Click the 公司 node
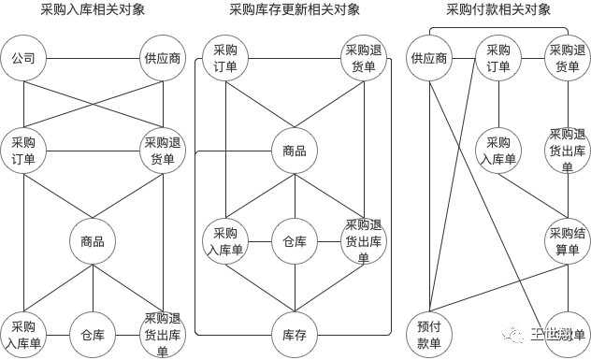click(23, 59)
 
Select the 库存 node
click(295, 335)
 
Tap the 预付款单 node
click(428, 335)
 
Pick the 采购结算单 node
click(567, 241)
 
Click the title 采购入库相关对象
click(93, 10)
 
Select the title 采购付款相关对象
click(498, 10)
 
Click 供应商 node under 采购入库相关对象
click(163, 59)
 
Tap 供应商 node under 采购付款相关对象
click(428, 59)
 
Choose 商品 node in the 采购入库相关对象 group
click(93, 241)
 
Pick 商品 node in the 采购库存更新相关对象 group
click(295, 151)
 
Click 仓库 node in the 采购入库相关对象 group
click(93, 335)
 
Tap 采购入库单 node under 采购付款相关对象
click(498, 151)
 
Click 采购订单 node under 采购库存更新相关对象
click(225, 59)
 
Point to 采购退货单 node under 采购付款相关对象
click(567, 59)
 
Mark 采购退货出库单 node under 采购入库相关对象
click(163, 335)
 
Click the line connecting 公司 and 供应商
click(93, 59)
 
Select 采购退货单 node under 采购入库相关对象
click(163, 151)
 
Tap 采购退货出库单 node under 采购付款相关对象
click(567, 151)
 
